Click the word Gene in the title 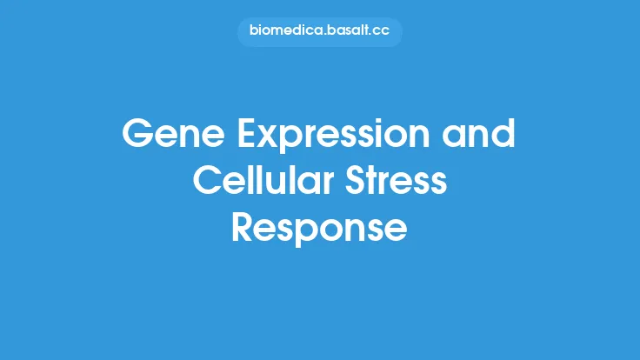166,136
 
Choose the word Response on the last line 319,229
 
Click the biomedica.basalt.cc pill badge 319,32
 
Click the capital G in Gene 138,136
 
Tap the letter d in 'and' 503,136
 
